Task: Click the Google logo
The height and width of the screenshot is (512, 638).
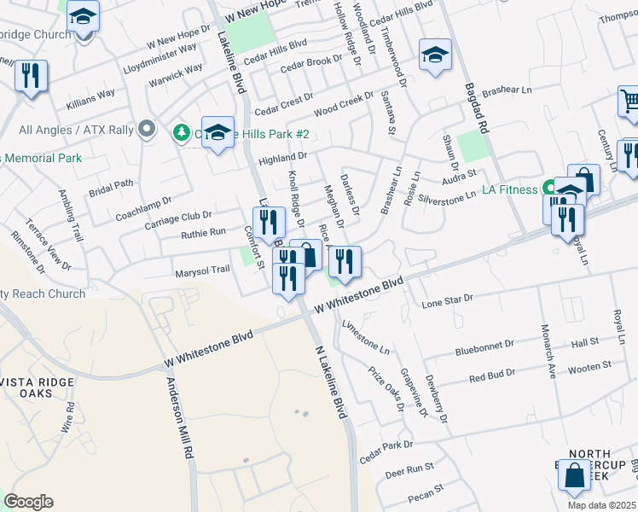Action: pos(28,502)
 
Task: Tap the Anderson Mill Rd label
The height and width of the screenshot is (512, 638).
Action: pos(177,418)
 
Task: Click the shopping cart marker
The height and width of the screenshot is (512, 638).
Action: pos(629,102)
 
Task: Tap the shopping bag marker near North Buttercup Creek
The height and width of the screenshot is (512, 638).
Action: pos(575,474)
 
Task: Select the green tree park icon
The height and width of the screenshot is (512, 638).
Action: pos(181,132)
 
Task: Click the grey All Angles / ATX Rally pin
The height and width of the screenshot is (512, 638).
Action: pos(147,130)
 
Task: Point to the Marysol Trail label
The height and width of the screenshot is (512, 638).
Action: pos(202,270)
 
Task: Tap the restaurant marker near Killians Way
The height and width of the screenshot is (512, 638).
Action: pos(31,77)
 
